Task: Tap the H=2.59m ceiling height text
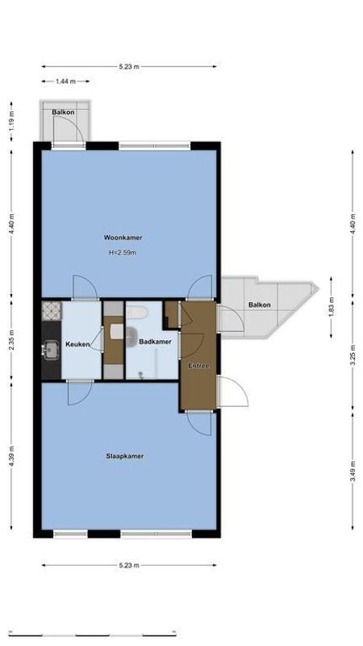(123, 253)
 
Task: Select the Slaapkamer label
(125, 456)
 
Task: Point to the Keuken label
(77, 343)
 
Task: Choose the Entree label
(198, 366)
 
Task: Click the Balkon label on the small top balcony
(63, 111)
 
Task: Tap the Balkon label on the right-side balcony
(260, 304)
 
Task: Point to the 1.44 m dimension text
(66, 82)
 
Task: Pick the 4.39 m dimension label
(11, 457)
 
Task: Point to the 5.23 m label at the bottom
(128, 564)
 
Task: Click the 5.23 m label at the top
(128, 66)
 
